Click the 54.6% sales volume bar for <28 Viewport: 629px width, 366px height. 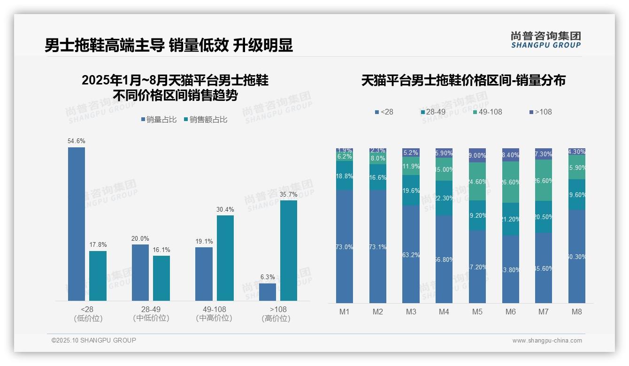click(x=77, y=224)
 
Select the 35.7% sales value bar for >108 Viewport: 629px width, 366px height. click(x=289, y=250)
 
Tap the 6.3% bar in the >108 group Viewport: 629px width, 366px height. click(x=268, y=292)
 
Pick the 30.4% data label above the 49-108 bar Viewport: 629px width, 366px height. click(x=225, y=209)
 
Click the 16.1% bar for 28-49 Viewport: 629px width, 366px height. click(x=161, y=278)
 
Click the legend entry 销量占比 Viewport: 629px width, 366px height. click(x=159, y=120)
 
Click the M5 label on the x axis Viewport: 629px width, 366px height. click(x=477, y=312)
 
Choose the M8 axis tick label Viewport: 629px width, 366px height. click(x=577, y=312)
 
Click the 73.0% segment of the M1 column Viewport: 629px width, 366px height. click(x=344, y=246)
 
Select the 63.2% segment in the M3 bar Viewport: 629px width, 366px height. click(x=411, y=254)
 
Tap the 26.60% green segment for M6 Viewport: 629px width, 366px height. click(x=511, y=182)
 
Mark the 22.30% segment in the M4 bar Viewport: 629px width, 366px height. click(x=444, y=198)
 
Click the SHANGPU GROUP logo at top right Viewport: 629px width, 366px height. click(x=545, y=40)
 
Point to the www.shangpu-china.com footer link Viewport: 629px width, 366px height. click(x=547, y=341)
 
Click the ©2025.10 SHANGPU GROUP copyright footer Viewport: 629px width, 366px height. click(x=94, y=340)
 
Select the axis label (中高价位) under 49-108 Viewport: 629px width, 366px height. click(x=214, y=318)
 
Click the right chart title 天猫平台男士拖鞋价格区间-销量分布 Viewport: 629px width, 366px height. click(x=463, y=80)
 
